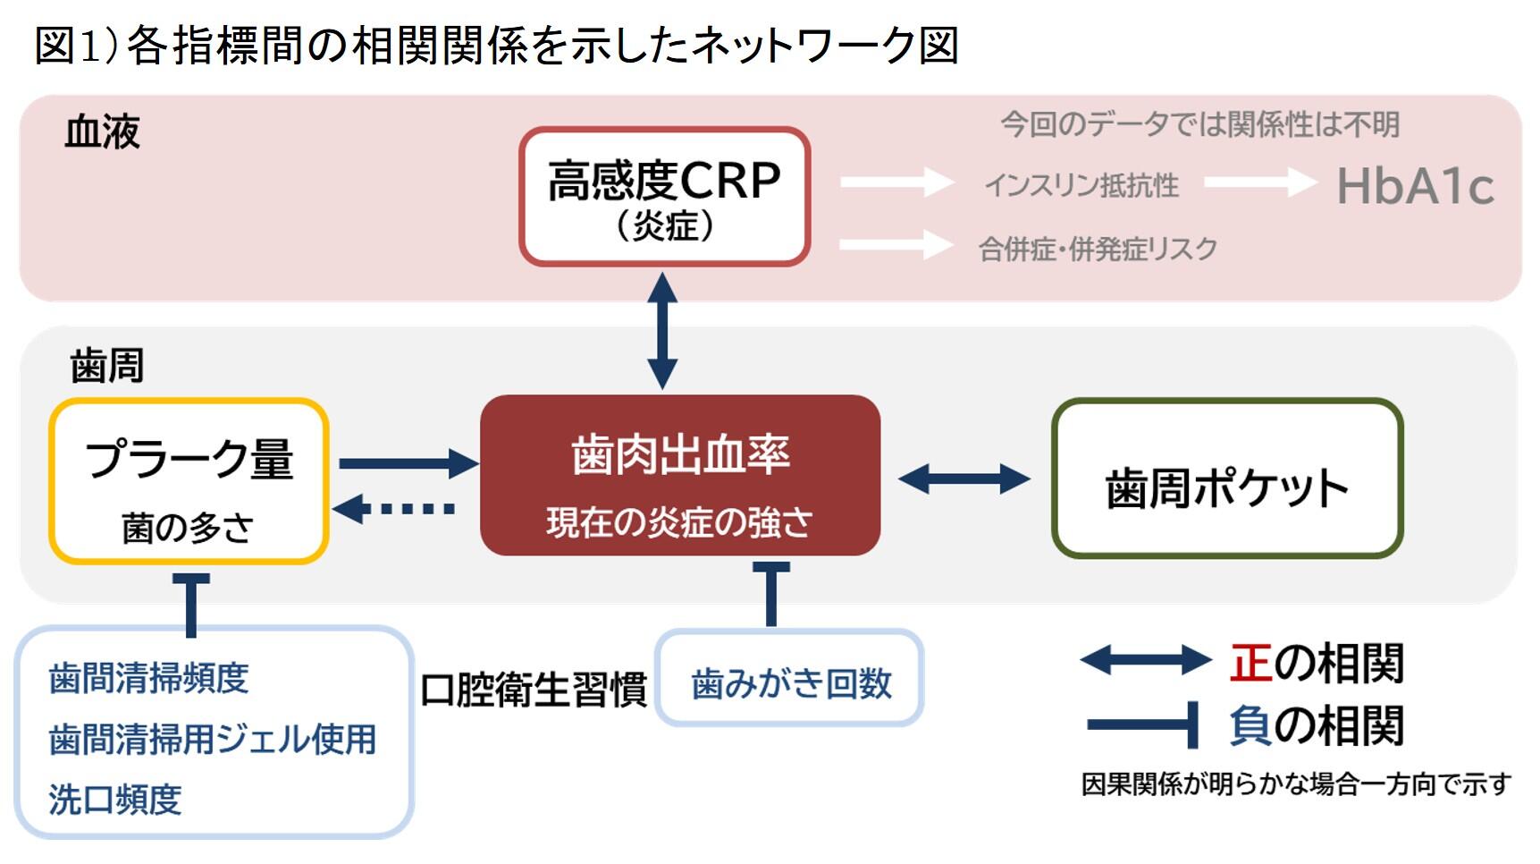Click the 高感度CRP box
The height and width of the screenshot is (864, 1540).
[664, 197]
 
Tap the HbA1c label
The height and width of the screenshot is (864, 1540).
[1414, 187]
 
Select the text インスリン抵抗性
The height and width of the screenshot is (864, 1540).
[1081, 186]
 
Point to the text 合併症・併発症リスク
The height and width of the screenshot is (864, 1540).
[1098, 249]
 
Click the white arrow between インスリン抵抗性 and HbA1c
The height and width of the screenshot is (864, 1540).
[1259, 183]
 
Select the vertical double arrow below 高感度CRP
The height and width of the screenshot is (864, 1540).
[662, 331]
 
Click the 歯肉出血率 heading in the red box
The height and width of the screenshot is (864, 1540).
[680, 454]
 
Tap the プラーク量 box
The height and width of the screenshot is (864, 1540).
[189, 481]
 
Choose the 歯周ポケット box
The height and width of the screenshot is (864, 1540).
[1226, 479]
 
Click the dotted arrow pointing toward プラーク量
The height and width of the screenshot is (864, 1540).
[394, 509]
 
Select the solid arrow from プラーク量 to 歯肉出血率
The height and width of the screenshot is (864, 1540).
[408, 463]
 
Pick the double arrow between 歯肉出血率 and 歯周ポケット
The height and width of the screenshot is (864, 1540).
[964, 479]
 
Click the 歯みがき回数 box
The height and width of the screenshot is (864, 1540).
[790, 683]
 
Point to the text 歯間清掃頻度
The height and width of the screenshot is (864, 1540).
[148, 678]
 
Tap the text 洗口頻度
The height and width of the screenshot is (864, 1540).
[115, 799]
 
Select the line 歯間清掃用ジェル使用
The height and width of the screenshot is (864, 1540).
[213, 739]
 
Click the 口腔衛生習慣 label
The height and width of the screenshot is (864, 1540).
[534, 690]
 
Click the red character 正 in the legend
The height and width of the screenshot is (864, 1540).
[1250, 663]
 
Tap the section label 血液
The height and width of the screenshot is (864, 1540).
[102, 132]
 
